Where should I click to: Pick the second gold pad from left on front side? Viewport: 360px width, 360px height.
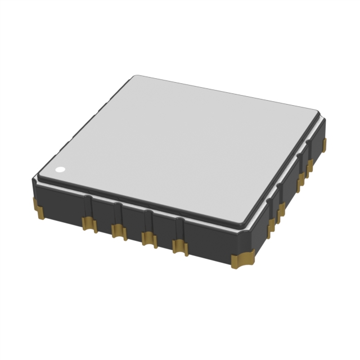(x=118, y=230)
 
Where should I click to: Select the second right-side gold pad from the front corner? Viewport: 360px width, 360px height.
(x=281, y=211)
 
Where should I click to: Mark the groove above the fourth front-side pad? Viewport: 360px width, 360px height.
(x=179, y=228)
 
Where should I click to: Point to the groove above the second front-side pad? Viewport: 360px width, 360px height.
(x=117, y=213)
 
